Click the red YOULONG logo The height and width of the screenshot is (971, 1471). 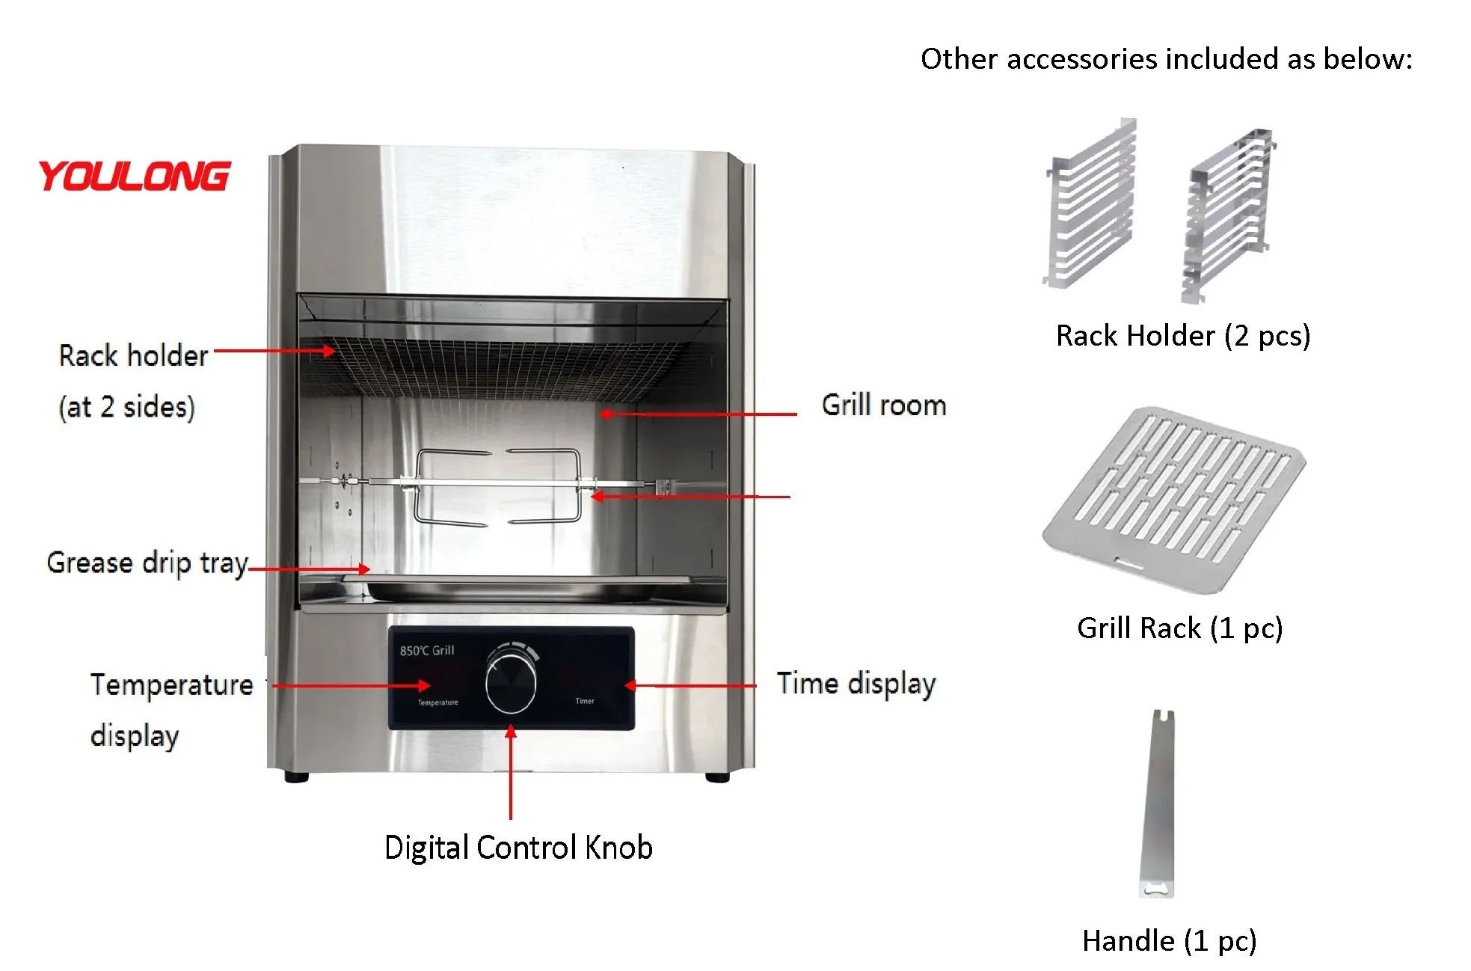(x=135, y=177)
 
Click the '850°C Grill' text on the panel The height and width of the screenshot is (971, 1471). (x=426, y=650)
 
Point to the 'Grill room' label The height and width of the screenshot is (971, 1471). (x=883, y=405)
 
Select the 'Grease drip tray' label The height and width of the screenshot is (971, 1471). (x=147, y=563)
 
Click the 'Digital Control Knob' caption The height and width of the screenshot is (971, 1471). (x=518, y=848)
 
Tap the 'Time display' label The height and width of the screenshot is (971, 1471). (x=856, y=684)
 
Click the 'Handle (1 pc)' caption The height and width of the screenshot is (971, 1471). (x=1169, y=940)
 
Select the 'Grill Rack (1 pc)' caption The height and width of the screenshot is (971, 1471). (x=1179, y=628)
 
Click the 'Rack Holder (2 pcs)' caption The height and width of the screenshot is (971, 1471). (x=1182, y=336)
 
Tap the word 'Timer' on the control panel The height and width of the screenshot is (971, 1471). (x=585, y=701)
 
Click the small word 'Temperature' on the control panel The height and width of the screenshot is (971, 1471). (x=437, y=702)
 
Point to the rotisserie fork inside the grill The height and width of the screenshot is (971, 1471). (x=498, y=486)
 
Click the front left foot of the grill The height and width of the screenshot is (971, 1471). (x=297, y=777)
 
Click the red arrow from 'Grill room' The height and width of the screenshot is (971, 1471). (x=699, y=414)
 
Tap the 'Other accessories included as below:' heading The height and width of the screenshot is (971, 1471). (x=1166, y=59)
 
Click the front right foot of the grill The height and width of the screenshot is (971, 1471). (x=717, y=777)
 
